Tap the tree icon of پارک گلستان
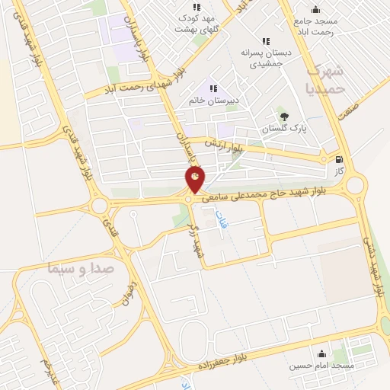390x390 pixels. [285, 117]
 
